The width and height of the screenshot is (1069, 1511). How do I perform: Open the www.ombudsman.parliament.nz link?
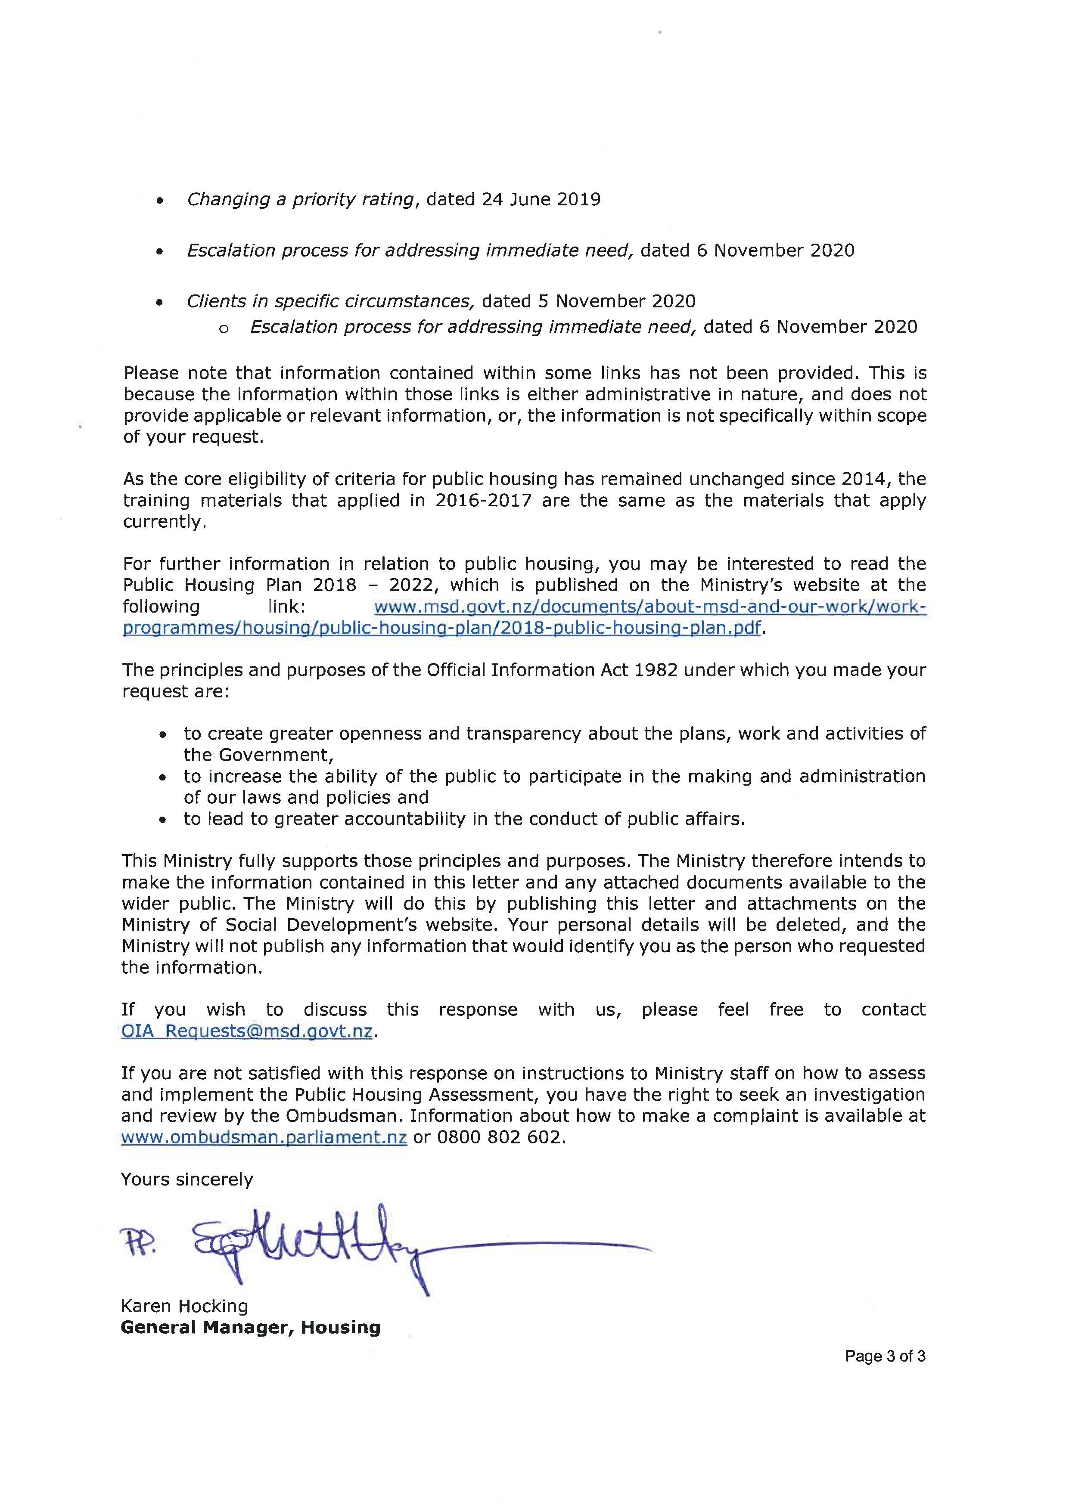264,1137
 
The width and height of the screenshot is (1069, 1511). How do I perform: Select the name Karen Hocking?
184,1307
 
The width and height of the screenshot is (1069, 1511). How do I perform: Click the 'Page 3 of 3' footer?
886,1356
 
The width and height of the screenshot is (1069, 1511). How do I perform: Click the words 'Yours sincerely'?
187,1180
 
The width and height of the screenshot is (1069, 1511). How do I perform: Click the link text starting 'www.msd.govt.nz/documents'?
649,606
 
